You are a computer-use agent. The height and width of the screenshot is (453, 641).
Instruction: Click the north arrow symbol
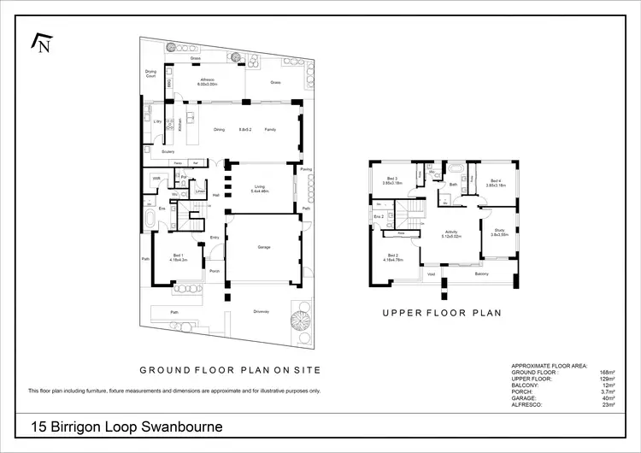[x=40, y=43]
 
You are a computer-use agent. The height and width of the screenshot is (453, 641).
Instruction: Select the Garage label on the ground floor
[x=264, y=247]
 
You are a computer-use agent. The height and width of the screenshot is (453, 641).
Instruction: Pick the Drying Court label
[x=150, y=74]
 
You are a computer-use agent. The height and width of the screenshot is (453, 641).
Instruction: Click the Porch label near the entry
[x=215, y=271]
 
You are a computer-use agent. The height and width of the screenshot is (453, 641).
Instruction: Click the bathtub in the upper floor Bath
[x=454, y=168]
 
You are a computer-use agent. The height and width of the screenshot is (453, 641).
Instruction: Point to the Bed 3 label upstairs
[x=391, y=180]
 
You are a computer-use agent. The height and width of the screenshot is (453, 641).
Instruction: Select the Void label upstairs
[x=432, y=274]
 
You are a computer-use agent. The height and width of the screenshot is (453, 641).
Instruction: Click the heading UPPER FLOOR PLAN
[x=442, y=314]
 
